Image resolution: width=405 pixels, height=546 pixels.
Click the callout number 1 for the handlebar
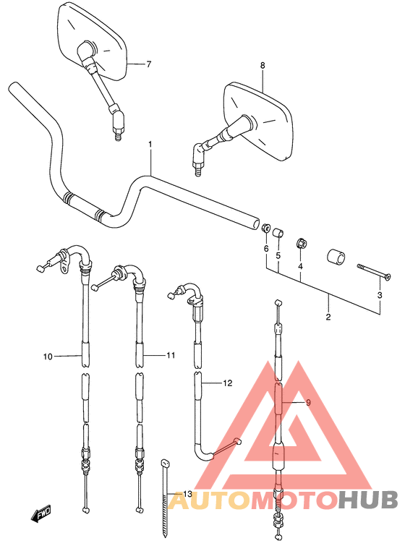[x=150, y=145]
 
